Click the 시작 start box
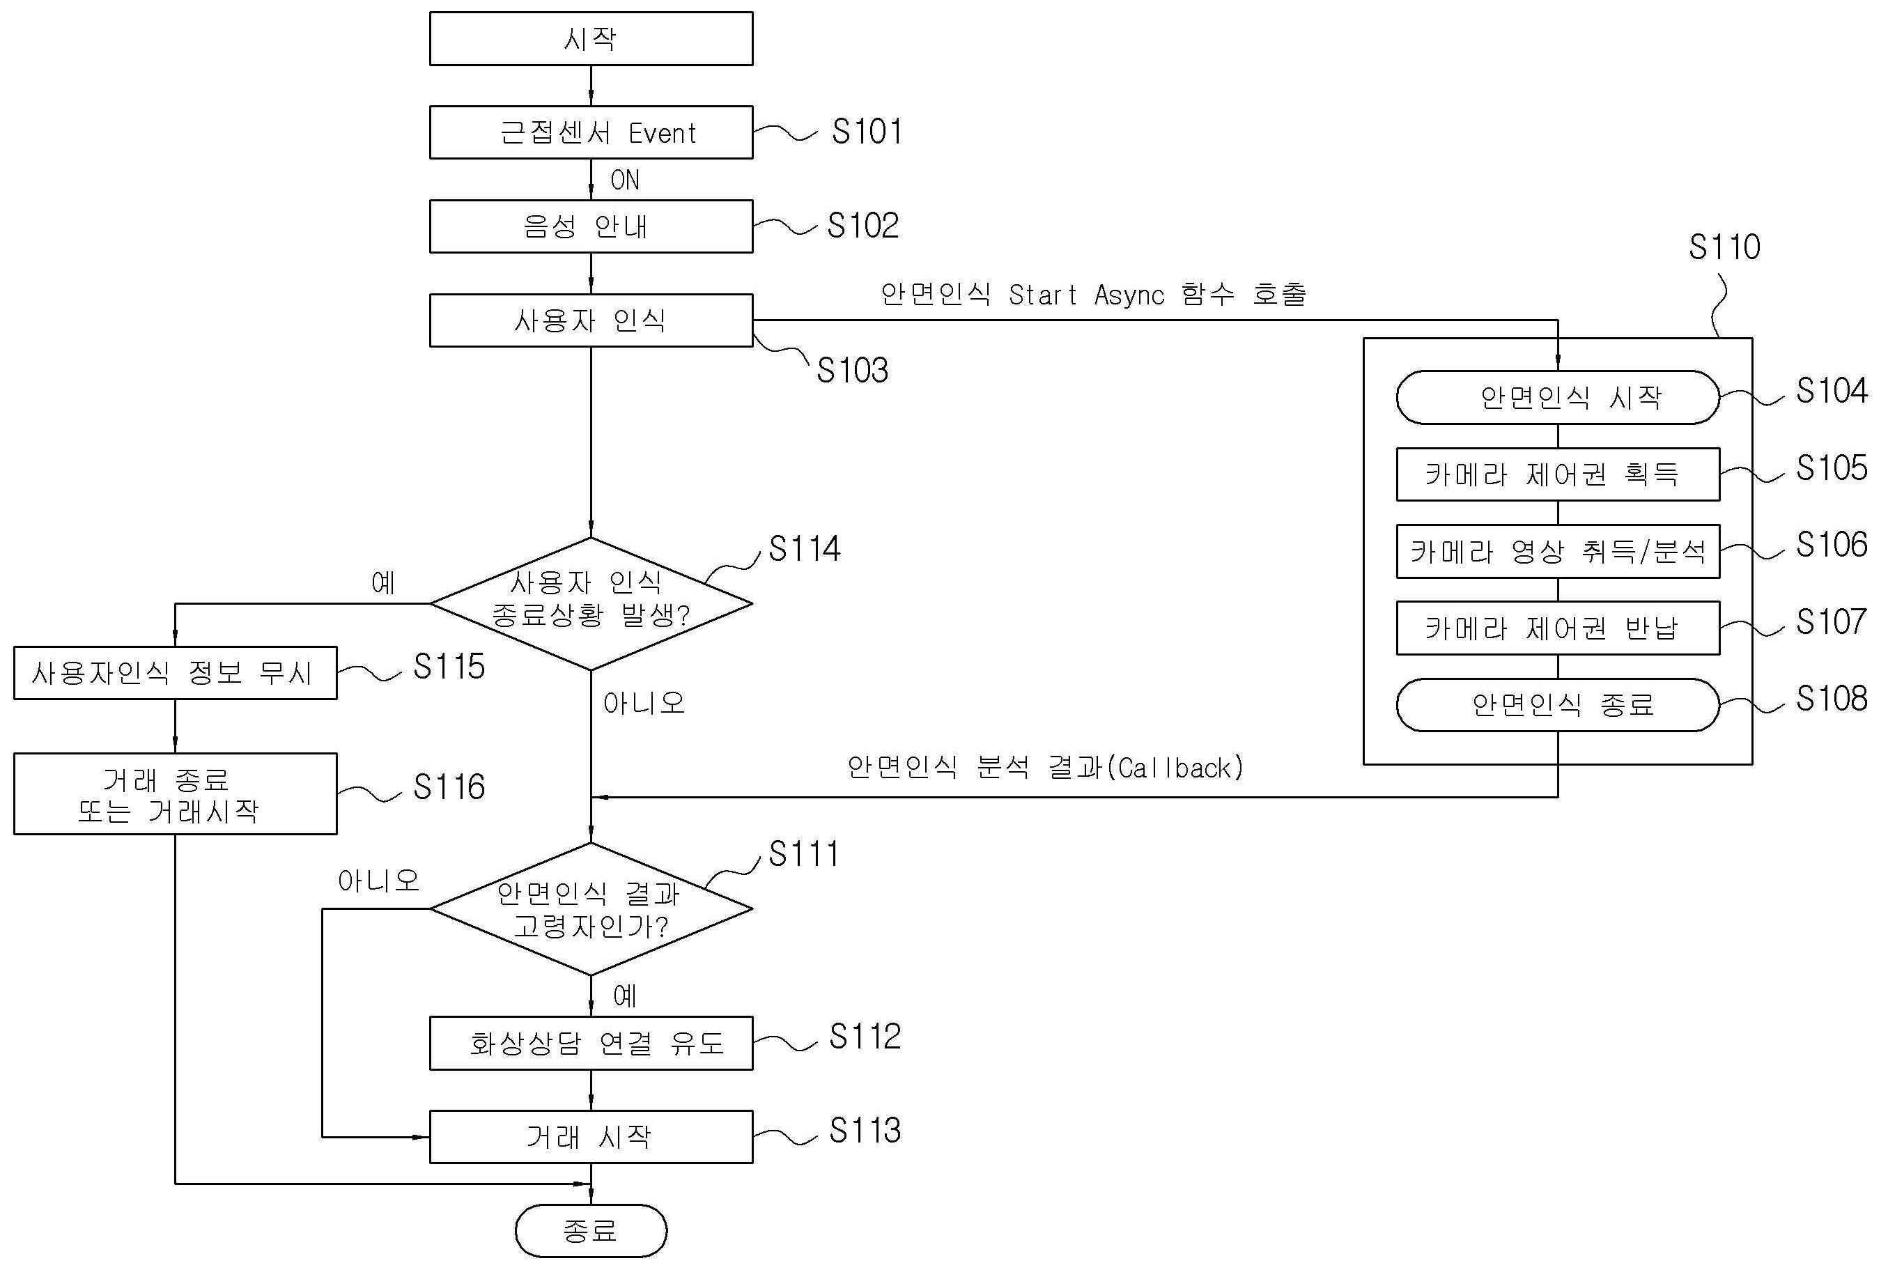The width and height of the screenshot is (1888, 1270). click(x=591, y=38)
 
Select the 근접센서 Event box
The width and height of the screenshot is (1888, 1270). click(x=591, y=132)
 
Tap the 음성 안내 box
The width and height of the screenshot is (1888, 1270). click(x=591, y=226)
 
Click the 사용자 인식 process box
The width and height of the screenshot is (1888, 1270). click(x=591, y=320)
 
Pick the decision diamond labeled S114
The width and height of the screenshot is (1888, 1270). click(x=591, y=603)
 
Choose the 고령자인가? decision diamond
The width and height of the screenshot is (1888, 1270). click(x=591, y=908)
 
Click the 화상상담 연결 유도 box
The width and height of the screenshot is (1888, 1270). click(x=591, y=1043)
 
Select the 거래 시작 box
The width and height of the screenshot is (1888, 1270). click(x=591, y=1136)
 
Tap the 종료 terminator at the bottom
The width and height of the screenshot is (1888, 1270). click(x=591, y=1231)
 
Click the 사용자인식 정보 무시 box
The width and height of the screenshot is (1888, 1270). click(x=175, y=672)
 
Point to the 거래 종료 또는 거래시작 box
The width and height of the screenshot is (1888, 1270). click(x=175, y=793)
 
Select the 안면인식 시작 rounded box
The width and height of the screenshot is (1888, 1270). click(x=1557, y=397)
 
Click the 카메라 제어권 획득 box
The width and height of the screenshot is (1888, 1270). click(x=1557, y=474)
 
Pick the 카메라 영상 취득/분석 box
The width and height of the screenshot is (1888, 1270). click(x=1557, y=552)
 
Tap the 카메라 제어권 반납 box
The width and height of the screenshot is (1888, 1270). click(x=1557, y=628)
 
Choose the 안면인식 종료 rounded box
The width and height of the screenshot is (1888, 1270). click(x=1557, y=704)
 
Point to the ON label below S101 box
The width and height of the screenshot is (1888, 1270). click(x=624, y=180)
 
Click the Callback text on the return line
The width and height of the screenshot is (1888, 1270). click(x=1179, y=768)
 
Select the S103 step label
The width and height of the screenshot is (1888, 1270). click(x=852, y=371)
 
